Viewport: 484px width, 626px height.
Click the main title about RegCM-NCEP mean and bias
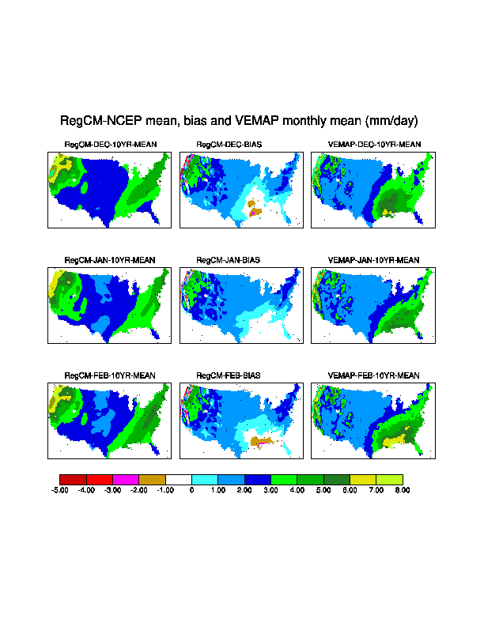[x=239, y=121]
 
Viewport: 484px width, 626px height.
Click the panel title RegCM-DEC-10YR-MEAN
[x=111, y=145]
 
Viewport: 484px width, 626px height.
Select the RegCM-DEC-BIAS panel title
[x=229, y=145]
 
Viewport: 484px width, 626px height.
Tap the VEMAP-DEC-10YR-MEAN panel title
[x=374, y=145]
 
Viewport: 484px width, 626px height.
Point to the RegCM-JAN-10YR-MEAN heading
[x=110, y=260]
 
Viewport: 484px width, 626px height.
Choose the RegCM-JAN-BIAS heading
[x=228, y=260]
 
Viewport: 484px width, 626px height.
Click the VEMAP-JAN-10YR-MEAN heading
[x=373, y=260]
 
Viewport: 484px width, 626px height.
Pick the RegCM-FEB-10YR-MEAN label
[x=110, y=375]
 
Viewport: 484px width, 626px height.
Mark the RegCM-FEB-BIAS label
[x=228, y=375]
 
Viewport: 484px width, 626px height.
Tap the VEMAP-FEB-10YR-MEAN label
[x=373, y=375]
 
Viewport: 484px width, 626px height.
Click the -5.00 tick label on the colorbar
[x=60, y=490]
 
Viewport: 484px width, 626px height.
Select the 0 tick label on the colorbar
[x=191, y=490]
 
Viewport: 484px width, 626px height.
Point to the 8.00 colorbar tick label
[x=403, y=490]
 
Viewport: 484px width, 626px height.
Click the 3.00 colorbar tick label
[x=270, y=490]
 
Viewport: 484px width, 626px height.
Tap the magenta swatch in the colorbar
[x=126, y=480]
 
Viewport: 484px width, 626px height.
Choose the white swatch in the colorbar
[x=179, y=480]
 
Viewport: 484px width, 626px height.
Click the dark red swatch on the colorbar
[x=73, y=480]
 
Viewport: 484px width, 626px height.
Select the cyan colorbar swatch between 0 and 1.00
[x=205, y=480]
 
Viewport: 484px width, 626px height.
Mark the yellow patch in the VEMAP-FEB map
[x=393, y=441]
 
